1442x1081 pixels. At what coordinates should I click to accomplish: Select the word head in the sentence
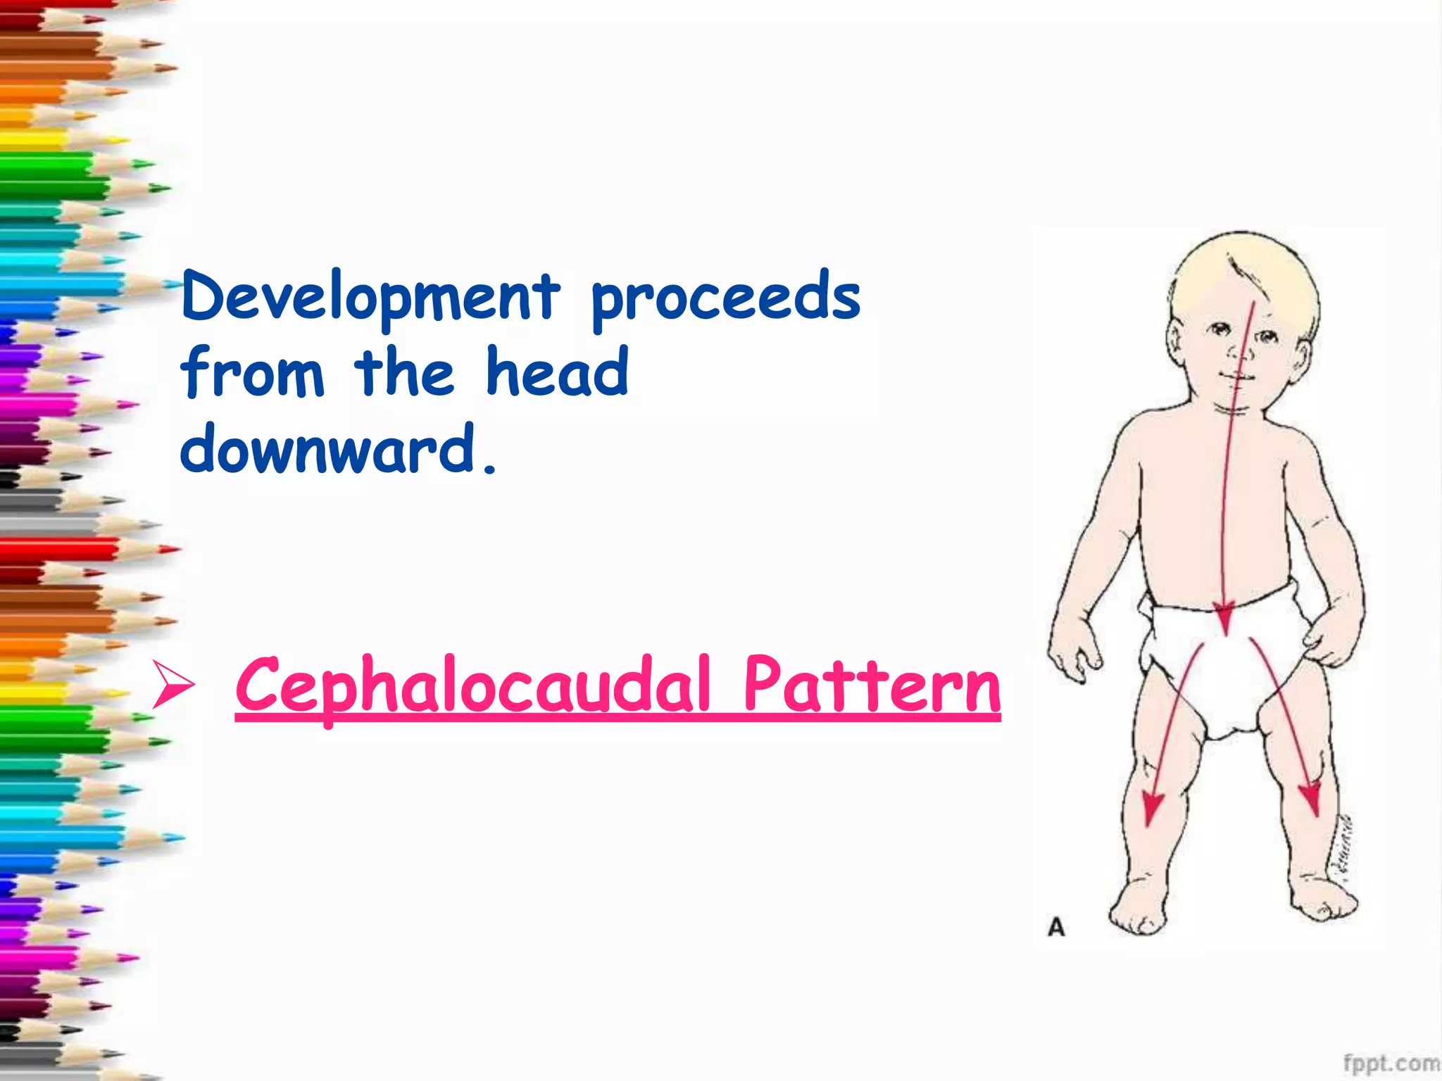(556, 373)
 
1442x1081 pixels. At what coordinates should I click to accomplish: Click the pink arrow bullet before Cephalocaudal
(173, 686)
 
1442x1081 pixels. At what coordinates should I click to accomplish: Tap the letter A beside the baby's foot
(1056, 927)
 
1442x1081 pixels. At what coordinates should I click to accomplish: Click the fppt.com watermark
(1391, 1063)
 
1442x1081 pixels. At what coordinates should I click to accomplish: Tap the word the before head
(404, 373)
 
